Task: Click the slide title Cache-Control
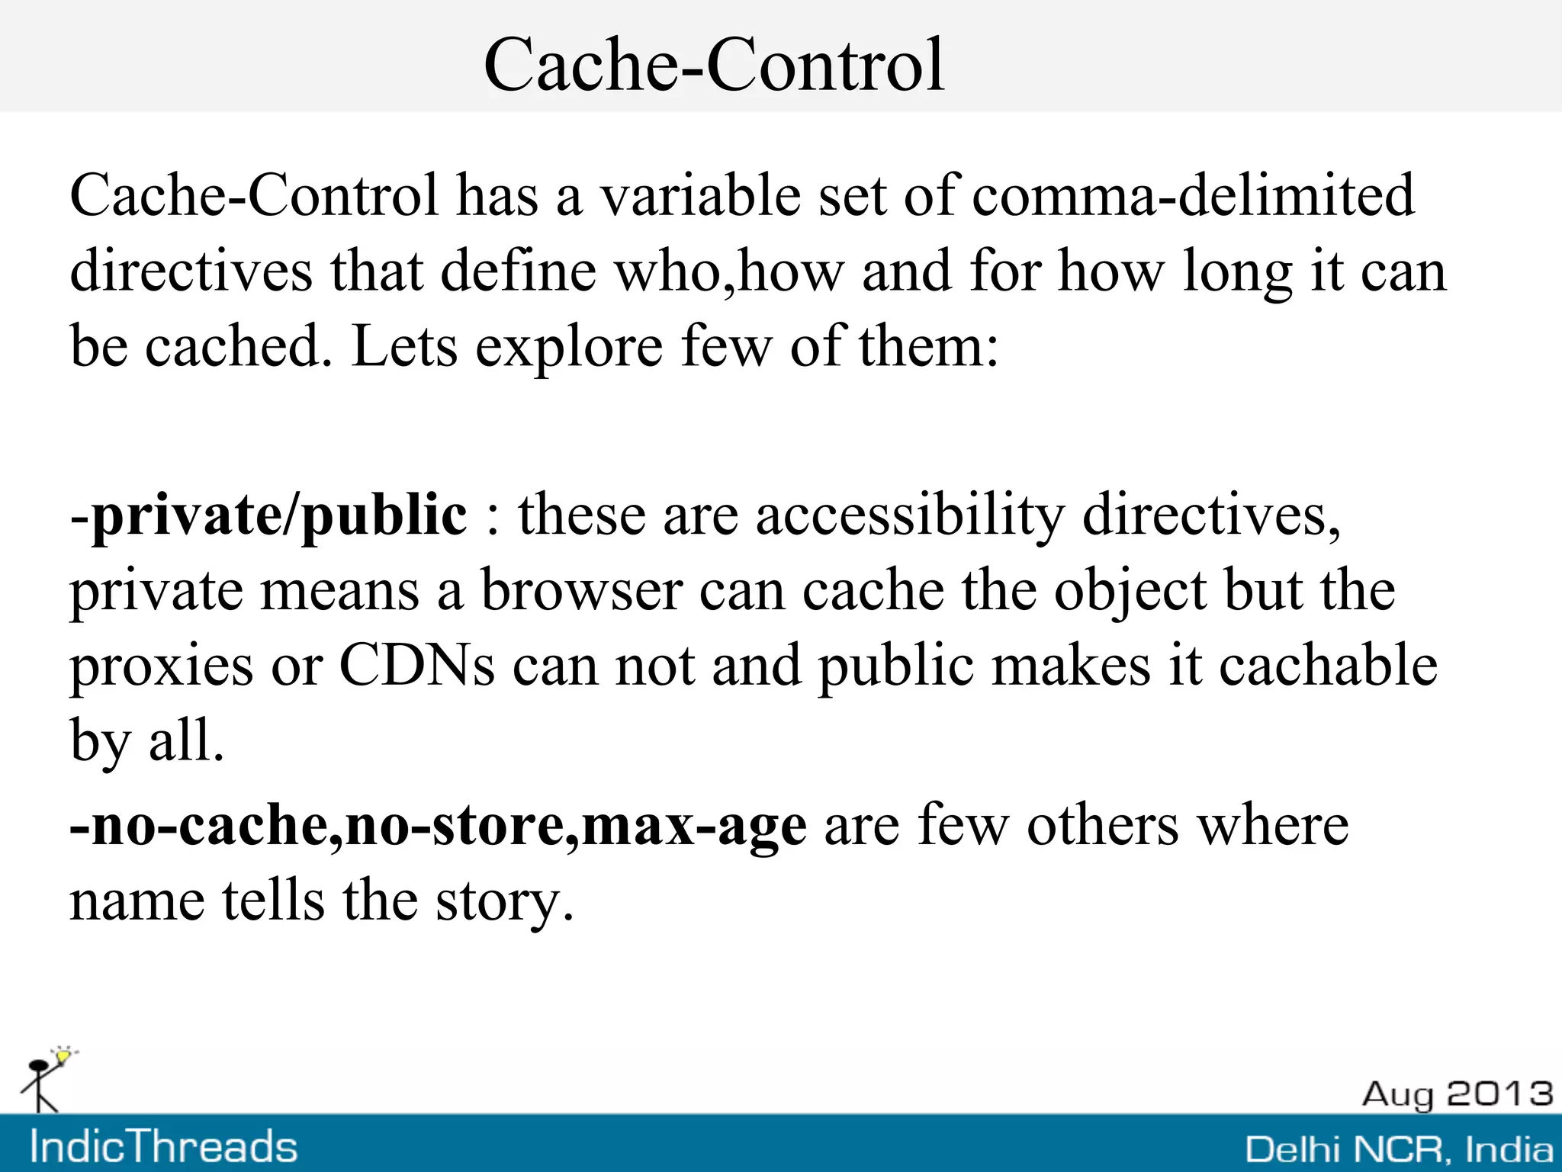coord(714,65)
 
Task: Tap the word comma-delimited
coord(1193,195)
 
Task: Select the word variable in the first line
coord(700,195)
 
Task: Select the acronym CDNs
coord(416,665)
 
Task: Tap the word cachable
coord(1328,665)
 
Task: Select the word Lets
coord(404,347)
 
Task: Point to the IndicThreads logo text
coord(163,1147)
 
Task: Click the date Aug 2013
coord(1458,1094)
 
